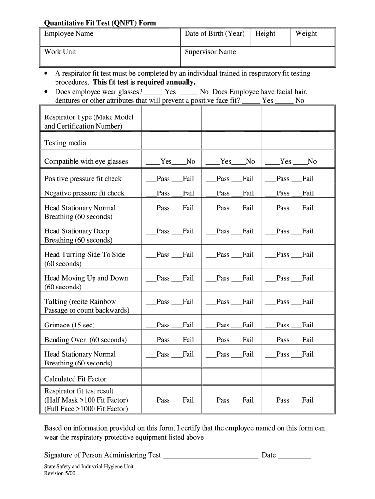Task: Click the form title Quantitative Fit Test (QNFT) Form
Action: point(100,23)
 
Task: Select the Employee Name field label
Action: point(69,34)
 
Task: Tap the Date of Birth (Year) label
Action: point(214,34)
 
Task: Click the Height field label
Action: point(265,34)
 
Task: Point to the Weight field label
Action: point(306,34)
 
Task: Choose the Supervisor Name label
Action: point(210,52)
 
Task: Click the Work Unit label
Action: point(60,52)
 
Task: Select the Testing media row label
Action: point(65,143)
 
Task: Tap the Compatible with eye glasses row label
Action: point(86,161)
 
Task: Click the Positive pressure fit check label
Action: point(83,179)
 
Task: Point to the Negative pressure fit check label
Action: point(84,193)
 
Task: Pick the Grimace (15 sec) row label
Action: point(70,325)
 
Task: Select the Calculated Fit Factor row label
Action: point(75,379)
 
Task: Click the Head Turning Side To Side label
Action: point(85,255)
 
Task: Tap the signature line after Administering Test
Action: point(210,456)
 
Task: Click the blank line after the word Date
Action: point(294,456)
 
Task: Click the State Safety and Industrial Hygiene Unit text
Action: point(89,466)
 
